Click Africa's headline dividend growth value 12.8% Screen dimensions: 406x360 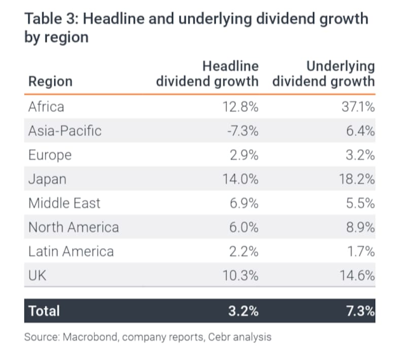pyautogui.click(x=241, y=107)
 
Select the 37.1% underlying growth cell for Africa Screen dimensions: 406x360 pyautogui.click(x=358, y=107)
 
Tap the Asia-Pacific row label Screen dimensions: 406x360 pyautogui.click(x=65, y=130)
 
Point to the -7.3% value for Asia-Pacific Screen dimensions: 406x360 pyautogui.click(x=243, y=131)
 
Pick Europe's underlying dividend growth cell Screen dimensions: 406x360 pyautogui.click(x=360, y=155)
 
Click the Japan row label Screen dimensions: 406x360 pyautogui.click(x=47, y=179)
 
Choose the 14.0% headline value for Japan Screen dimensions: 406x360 pyautogui.click(x=241, y=179)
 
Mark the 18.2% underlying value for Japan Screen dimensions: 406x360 pyautogui.click(x=357, y=179)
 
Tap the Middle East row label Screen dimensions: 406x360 pyautogui.click(x=64, y=203)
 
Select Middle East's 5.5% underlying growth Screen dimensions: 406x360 pyautogui.click(x=360, y=203)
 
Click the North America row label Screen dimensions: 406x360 pyautogui.click(x=74, y=227)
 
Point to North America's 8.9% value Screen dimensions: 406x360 pyautogui.click(x=360, y=227)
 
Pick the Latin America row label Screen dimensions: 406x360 pyautogui.click(x=71, y=251)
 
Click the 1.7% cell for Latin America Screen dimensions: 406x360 pyautogui.click(x=361, y=251)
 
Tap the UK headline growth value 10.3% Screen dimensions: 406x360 pyautogui.click(x=241, y=275)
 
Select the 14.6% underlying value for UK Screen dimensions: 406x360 pyautogui.click(x=357, y=275)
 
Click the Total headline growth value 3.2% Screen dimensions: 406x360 pyautogui.click(x=244, y=311)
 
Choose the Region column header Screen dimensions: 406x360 pyautogui.click(x=50, y=82)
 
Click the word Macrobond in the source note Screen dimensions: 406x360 pyautogui.click(x=91, y=337)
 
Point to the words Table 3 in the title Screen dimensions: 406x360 pyautogui.click(x=51, y=19)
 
